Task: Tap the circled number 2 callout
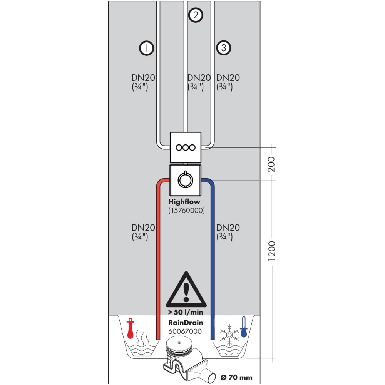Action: [196, 15]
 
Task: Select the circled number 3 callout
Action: [224, 48]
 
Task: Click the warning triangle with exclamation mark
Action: [186, 290]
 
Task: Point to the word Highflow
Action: [184, 201]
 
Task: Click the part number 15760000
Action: [186, 211]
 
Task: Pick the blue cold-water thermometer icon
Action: [243, 326]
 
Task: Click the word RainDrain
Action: [186, 323]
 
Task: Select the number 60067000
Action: [185, 331]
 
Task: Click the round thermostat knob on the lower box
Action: [185, 179]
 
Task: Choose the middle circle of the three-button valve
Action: [186, 147]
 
